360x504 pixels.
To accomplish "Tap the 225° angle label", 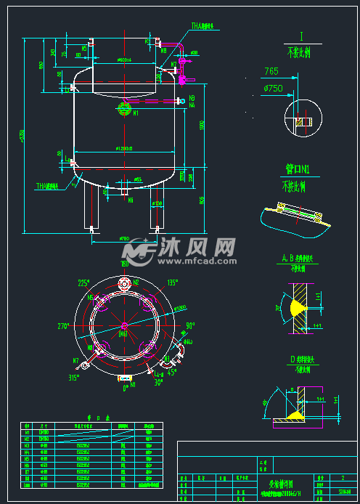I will click(84, 283).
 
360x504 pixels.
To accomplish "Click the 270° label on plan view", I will click(63, 327).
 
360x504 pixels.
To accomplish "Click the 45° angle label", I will click(173, 373).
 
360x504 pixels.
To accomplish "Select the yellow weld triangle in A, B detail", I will click(298, 308).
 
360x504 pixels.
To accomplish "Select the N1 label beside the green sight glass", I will click(135, 113).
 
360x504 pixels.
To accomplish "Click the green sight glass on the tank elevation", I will click(123, 107).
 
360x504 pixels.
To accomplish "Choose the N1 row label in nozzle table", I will click(27, 434).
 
